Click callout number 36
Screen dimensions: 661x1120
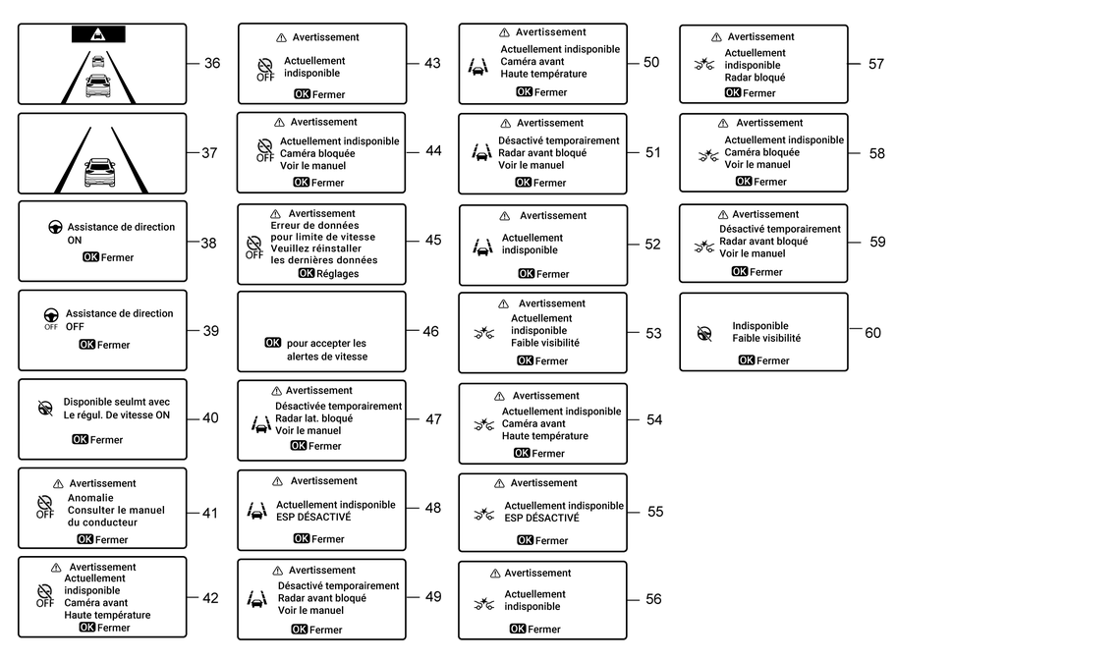pos(212,64)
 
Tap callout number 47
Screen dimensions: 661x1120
pos(433,419)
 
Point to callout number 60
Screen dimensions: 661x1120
pos(872,333)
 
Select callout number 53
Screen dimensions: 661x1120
pos(653,334)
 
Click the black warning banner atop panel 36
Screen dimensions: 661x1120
pos(98,34)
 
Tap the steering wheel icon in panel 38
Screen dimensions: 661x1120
pos(55,228)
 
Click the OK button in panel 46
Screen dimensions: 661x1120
pos(273,343)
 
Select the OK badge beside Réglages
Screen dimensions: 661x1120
pos(307,274)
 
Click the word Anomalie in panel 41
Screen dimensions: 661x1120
pos(90,498)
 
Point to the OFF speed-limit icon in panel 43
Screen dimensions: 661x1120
pos(264,68)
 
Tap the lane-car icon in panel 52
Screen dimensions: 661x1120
pos(481,247)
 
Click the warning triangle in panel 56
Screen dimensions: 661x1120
pos(496,574)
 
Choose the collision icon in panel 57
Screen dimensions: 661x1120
pos(705,66)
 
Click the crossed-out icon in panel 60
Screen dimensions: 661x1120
pos(704,333)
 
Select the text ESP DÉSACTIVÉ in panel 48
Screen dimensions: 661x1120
pos(313,518)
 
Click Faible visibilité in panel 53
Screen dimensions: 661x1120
pos(545,343)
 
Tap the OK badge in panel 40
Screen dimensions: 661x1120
pos(80,440)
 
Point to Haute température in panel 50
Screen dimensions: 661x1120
pos(543,74)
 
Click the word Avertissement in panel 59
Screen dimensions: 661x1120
pos(765,214)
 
